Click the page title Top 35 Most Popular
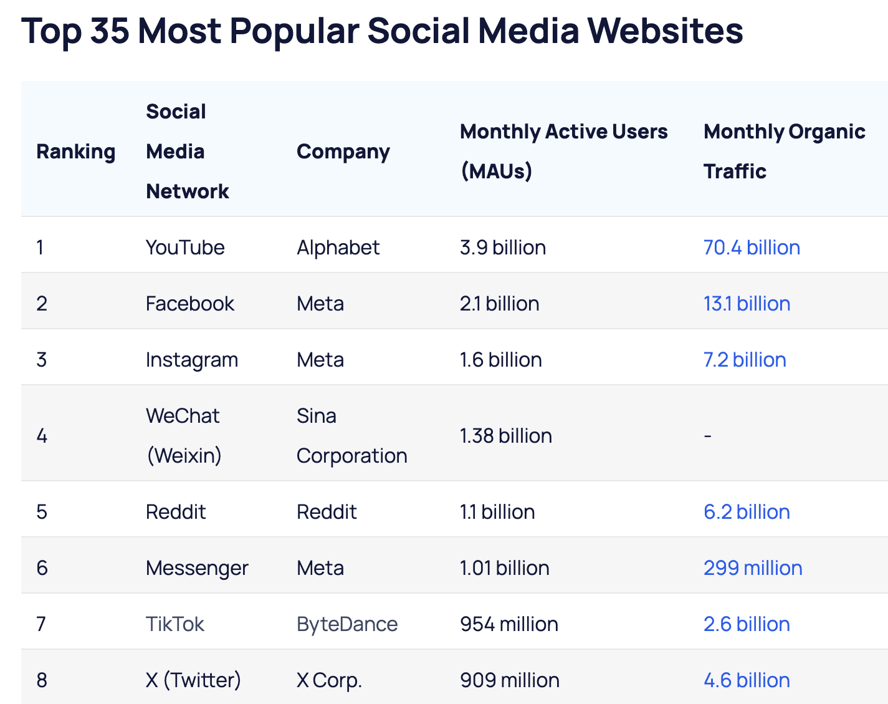pos(381,31)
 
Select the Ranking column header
pos(75,152)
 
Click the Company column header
pos(343,152)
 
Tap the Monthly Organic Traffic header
pos(784,151)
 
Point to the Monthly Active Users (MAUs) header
pos(563,151)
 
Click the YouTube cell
pos(184,248)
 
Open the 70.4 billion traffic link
pos(752,248)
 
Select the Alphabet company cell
pos(338,248)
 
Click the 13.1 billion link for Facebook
pos(747,304)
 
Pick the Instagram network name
pos(191,360)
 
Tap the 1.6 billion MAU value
pos(500,360)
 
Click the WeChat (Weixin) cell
pos(183,435)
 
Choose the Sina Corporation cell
pos(351,435)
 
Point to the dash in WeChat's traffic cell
pos(707,436)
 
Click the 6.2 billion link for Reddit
pos(747,512)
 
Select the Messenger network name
pos(197,568)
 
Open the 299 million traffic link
pos(753,568)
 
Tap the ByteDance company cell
pos(347,624)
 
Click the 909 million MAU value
pos(509,680)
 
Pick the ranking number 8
pos(42,680)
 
